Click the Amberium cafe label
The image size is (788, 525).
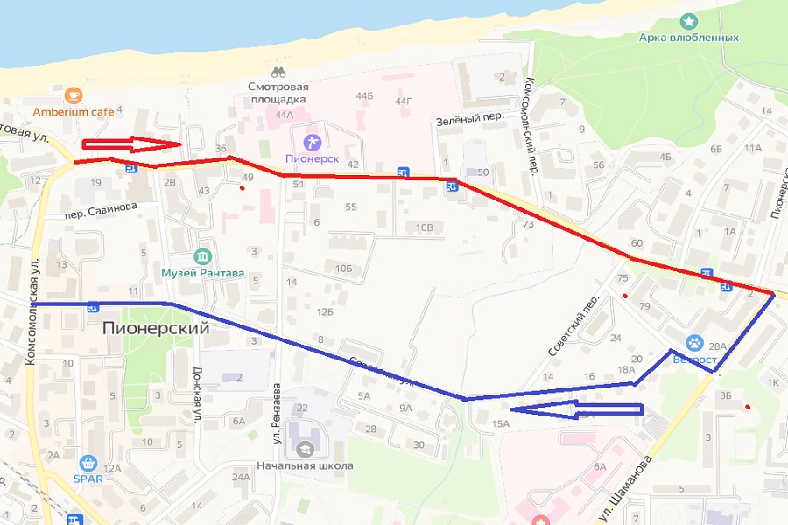(x=74, y=111)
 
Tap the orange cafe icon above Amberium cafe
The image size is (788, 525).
(x=74, y=94)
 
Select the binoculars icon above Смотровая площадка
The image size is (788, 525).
(x=278, y=73)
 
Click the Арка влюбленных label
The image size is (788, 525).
(x=688, y=38)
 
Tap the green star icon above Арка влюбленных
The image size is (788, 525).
(x=689, y=20)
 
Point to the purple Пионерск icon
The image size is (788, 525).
(x=311, y=142)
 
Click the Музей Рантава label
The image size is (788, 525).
(x=202, y=273)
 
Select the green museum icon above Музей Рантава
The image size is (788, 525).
(x=203, y=256)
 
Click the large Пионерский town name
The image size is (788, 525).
(x=156, y=329)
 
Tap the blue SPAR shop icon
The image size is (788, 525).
(x=87, y=464)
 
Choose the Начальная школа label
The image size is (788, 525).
(x=306, y=465)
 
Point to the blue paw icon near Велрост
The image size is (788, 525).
(x=694, y=342)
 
